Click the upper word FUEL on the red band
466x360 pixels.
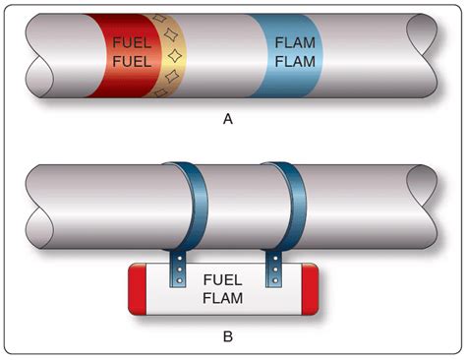coord(132,42)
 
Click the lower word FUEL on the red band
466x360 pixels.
coord(132,62)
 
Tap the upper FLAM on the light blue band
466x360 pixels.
coord(295,42)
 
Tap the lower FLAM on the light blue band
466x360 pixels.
coord(295,62)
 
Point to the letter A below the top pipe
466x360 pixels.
coord(228,119)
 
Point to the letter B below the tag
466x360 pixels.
coord(228,336)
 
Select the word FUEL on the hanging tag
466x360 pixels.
coord(222,279)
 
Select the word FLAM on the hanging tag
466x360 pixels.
coord(222,298)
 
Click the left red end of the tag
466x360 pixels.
coord(137,289)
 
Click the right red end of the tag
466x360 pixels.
coord(310,289)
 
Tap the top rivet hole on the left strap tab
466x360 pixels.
coord(179,259)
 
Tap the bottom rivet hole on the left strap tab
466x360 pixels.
coord(179,280)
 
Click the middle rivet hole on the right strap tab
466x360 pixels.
coord(275,270)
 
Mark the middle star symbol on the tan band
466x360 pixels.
coord(175,55)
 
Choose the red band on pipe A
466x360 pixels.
coord(126,55)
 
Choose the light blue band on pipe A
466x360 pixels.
coord(288,55)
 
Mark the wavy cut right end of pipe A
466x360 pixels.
coord(423,55)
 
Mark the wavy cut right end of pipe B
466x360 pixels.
coord(423,207)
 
